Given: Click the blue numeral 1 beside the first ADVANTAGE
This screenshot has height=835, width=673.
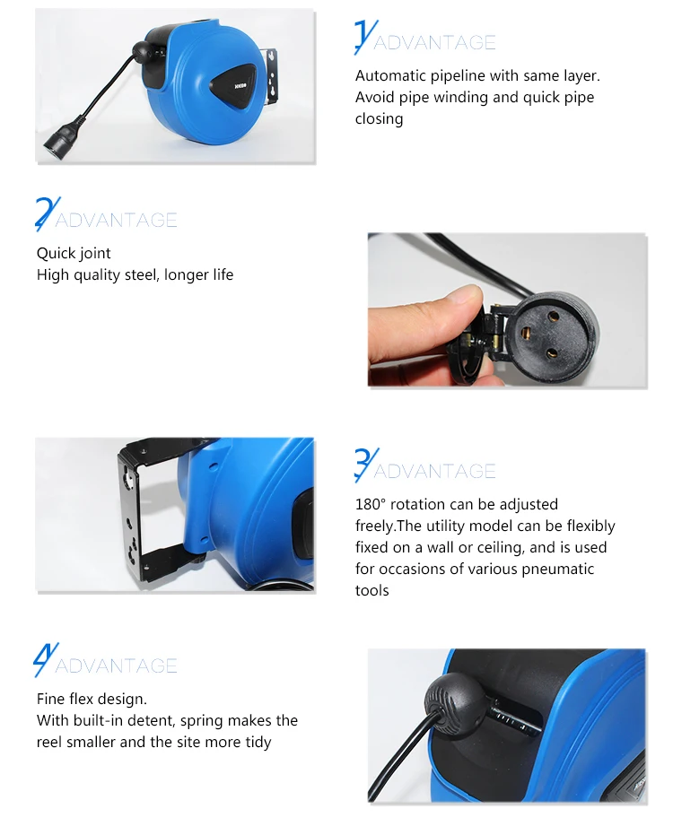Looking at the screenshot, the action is click(x=365, y=37).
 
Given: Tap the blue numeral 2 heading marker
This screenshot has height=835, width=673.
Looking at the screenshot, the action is click(x=48, y=213).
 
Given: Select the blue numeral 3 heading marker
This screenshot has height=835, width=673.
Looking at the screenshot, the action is click(x=367, y=465).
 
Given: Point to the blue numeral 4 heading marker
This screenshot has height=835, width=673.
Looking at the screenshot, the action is click(x=46, y=659).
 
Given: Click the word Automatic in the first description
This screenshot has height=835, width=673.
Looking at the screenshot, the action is click(x=390, y=75).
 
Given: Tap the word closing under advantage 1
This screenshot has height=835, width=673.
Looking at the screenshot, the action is click(x=379, y=118).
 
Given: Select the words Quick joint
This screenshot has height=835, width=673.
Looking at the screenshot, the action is click(x=74, y=254).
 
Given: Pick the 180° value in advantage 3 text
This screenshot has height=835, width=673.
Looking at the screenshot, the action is click(x=371, y=504).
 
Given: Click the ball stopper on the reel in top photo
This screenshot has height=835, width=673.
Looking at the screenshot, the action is click(x=142, y=50).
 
